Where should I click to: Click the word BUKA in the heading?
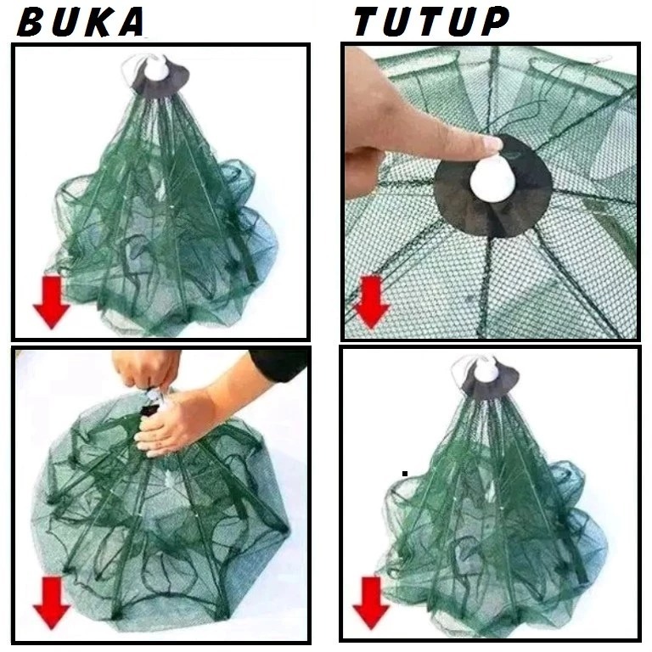80,23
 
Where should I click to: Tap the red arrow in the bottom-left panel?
49,604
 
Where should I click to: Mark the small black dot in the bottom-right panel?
406,474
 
